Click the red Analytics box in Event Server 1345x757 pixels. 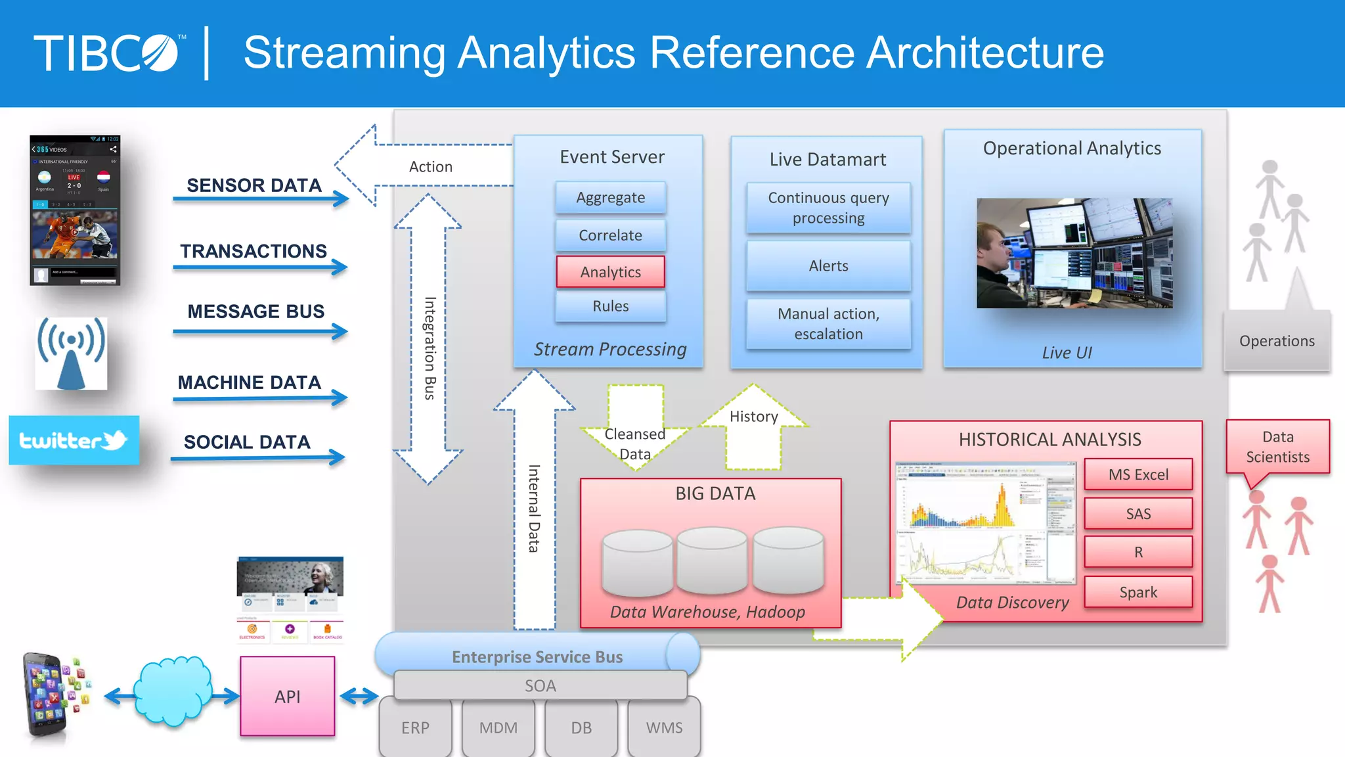[610, 272]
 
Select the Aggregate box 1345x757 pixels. [610, 198]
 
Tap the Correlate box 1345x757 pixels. [610, 235]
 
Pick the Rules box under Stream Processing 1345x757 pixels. [610, 306]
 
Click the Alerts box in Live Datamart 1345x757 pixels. [828, 266]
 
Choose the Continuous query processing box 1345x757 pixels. [828, 208]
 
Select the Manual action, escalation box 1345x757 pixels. [828, 324]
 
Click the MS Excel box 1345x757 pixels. [1138, 474]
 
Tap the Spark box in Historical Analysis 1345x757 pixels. [1138, 592]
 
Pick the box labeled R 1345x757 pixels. [1138, 552]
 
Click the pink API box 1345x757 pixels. [288, 697]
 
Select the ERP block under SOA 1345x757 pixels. [415, 727]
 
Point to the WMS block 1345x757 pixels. [664, 727]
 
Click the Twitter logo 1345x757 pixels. [74, 440]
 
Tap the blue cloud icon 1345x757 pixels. [172, 691]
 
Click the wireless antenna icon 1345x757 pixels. [71, 354]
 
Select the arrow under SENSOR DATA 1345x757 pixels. [260, 198]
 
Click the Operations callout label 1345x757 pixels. [1277, 341]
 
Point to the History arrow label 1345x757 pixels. [753, 417]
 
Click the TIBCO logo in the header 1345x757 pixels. [108, 53]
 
